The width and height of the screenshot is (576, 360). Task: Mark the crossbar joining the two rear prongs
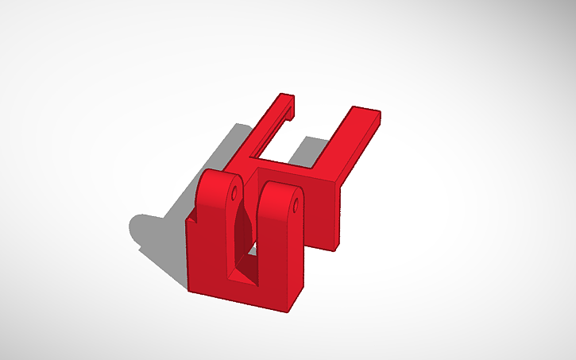[286, 168]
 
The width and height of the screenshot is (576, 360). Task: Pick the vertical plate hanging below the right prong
[326, 215]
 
